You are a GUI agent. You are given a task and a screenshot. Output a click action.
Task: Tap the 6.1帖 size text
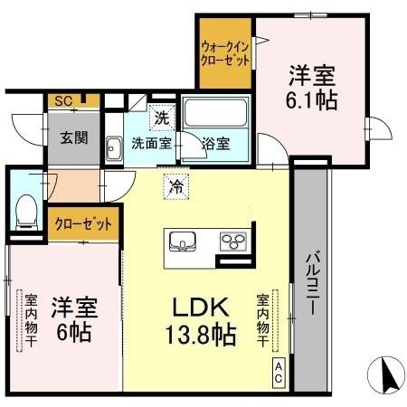click(x=313, y=100)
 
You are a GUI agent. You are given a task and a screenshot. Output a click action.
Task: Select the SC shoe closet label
click(x=62, y=101)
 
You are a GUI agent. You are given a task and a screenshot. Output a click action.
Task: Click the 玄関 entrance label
click(x=73, y=138)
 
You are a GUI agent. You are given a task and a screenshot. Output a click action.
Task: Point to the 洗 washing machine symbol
click(x=161, y=118)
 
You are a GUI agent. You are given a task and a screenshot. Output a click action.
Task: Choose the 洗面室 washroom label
click(x=151, y=142)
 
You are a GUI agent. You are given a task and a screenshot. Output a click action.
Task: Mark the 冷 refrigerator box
click(x=175, y=188)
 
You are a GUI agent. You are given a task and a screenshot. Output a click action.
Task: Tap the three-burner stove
click(x=234, y=241)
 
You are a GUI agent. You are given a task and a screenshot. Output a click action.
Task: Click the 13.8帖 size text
click(x=200, y=336)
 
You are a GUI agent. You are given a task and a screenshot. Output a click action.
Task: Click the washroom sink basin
click(x=114, y=148)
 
